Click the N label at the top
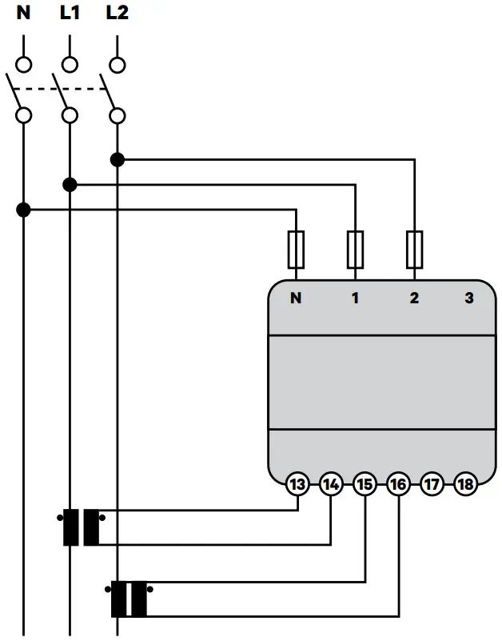tap(23, 14)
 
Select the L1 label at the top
tap(70, 14)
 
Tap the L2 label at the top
tap(117, 14)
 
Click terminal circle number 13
tap(297, 484)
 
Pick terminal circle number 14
tap(331, 484)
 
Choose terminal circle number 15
tap(365, 484)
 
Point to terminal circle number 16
tap(398, 484)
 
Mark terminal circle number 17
tap(432, 484)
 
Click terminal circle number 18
tap(465, 484)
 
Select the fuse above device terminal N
tap(297, 250)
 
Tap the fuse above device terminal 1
tap(355, 250)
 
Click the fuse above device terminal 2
tap(414, 250)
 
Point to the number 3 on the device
tap(469, 298)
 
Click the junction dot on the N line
tap(23, 210)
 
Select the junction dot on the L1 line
tap(70, 185)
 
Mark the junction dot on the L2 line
tap(118, 159)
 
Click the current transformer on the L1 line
tap(82, 527)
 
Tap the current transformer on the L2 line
tap(129, 599)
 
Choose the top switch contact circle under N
tap(23, 64)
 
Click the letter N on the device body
tap(297, 298)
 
